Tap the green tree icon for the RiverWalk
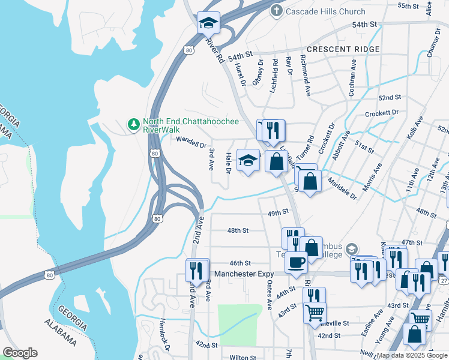(x=133, y=125)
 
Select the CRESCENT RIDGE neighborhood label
(x=343, y=49)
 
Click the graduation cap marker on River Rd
(x=209, y=23)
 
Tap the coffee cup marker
(x=296, y=263)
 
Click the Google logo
(x=20, y=353)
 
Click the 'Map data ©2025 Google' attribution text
(x=412, y=355)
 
